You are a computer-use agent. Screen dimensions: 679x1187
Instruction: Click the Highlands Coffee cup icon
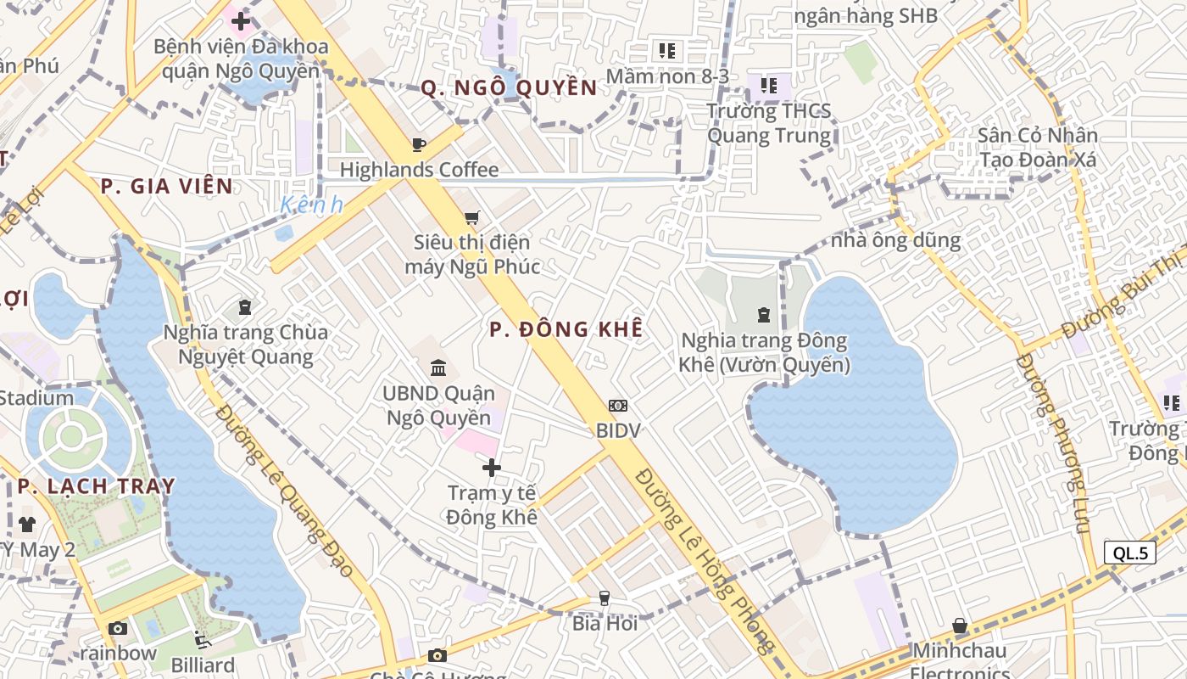(418, 144)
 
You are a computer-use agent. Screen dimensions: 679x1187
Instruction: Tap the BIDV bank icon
(618, 406)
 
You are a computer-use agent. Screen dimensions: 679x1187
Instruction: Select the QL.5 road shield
(1130, 553)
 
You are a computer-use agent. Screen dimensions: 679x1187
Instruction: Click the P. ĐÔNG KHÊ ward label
(566, 329)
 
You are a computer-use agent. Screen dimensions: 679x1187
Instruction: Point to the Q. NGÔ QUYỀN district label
(509, 87)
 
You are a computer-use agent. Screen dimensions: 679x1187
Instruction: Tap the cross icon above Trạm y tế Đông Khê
(492, 468)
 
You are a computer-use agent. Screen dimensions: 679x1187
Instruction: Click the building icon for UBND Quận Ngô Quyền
(439, 368)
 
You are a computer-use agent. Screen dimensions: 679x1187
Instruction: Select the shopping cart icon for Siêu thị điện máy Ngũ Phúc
(472, 217)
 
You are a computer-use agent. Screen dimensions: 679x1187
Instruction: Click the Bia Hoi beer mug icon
(604, 598)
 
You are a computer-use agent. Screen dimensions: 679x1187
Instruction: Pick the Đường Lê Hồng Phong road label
(705, 560)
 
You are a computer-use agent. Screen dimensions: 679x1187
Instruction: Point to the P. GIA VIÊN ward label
(166, 187)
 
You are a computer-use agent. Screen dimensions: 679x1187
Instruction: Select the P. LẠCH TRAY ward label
(96, 486)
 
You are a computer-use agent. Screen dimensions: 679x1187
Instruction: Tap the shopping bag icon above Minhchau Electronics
(960, 626)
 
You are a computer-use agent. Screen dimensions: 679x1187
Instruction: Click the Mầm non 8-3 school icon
(667, 51)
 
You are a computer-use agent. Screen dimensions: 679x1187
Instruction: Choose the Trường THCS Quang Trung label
(769, 123)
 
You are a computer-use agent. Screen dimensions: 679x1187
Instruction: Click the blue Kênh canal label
(311, 205)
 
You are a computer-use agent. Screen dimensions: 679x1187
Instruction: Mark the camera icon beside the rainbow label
(118, 629)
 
